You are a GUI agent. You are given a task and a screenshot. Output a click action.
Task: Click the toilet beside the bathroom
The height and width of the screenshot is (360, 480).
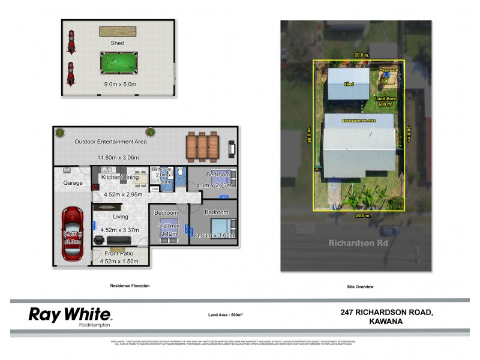(181, 173)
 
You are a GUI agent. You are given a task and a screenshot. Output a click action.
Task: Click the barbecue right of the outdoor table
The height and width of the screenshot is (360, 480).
(232, 146)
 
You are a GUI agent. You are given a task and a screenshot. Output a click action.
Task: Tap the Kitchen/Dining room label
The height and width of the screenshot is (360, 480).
(120, 177)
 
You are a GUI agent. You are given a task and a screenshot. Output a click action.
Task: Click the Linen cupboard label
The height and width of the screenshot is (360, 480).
(155, 189)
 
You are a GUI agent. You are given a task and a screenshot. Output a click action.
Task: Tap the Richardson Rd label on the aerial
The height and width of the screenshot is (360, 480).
(355, 243)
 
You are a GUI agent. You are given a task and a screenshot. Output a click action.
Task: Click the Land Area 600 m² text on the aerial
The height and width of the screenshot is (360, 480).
(385, 101)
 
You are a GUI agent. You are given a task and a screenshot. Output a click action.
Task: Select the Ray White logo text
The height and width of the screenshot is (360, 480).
(70, 314)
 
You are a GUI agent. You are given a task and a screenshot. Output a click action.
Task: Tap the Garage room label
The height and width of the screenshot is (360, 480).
(73, 183)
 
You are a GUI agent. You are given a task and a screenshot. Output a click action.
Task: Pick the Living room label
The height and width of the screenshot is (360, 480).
(121, 217)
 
